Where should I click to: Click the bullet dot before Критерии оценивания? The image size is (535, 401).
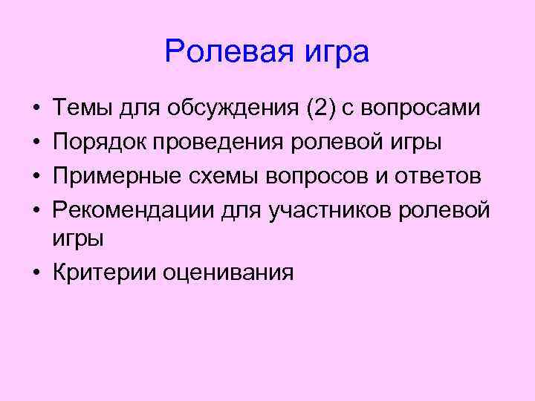click(36, 272)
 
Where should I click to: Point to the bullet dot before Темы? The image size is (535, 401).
click(36, 110)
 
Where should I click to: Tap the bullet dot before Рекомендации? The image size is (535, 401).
click(36, 210)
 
